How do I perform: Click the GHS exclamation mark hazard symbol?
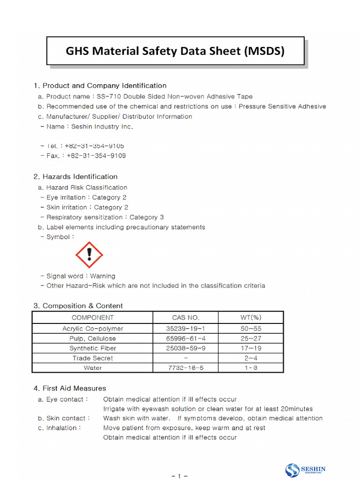89,255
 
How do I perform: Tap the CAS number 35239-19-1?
186,329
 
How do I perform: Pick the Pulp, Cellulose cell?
92,338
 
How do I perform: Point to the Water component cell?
92,368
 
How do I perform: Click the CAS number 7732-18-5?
186,368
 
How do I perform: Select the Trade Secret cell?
92,358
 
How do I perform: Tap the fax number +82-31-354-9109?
96,156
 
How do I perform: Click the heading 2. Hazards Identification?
75,177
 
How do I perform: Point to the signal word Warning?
103,276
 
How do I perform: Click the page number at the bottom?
180,476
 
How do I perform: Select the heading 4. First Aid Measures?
70,388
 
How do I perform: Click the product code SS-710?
108,97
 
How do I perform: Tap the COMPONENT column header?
92,317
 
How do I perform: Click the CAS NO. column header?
186,317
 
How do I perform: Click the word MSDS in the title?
264,51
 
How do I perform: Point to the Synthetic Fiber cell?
92,348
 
